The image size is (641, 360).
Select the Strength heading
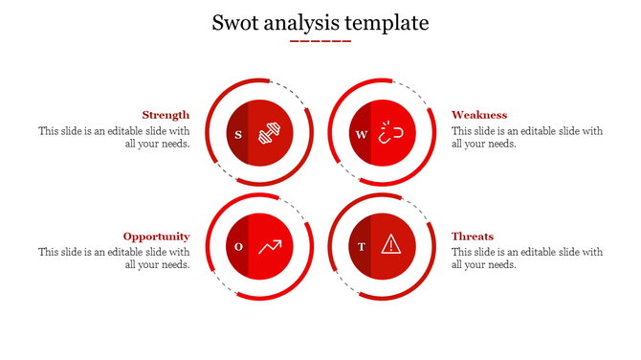pyautogui.click(x=166, y=115)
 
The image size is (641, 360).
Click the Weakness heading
pyautogui.click(x=479, y=115)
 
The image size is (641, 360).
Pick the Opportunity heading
pyautogui.click(x=156, y=236)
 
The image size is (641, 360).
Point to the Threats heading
pyautogui.click(x=473, y=236)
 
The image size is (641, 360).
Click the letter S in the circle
pyautogui.click(x=238, y=134)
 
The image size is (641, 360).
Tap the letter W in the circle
pyautogui.click(x=361, y=134)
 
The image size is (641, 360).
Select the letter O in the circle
pyautogui.click(x=238, y=247)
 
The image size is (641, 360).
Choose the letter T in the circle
pyautogui.click(x=361, y=247)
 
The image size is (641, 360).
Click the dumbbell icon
pyautogui.click(x=270, y=133)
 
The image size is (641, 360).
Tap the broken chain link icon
pyautogui.click(x=390, y=133)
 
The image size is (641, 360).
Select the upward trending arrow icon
pyautogui.click(x=270, y=247)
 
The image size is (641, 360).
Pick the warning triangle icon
pyautogui.click(x=390, y=245)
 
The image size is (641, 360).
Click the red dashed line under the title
pyautogui.click(x=320, y=41)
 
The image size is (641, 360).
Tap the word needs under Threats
pyautogui.click(x=501, y=265)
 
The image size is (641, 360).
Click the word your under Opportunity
pyautogui.click(x=148, y=265)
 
